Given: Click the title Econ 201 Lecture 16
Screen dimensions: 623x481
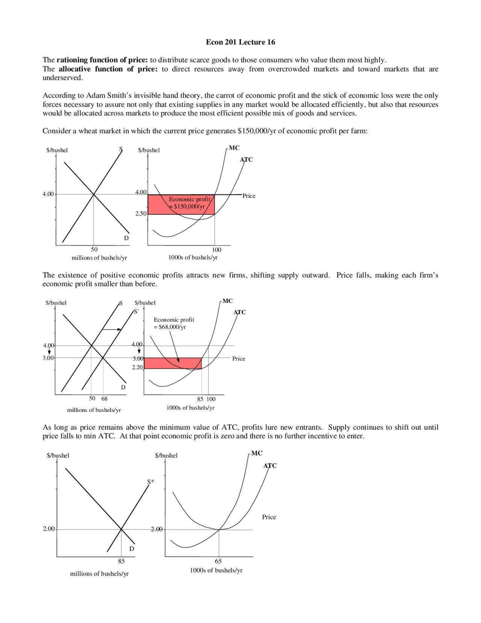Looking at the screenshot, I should [x=240, y=42].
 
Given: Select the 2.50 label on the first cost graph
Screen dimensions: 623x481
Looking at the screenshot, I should [x=141, y=214].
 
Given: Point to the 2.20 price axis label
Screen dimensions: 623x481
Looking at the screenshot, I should [x=137, y=367].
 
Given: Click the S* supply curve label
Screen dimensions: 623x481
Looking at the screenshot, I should [x=150, y=482].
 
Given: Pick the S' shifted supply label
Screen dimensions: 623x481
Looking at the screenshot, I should [x=136, y=311].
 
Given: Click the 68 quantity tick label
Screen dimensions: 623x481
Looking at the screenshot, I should [x=104, y=399].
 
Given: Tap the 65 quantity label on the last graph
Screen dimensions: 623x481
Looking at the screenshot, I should [x=218, y=561].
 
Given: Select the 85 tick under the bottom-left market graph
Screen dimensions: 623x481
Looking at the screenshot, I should [x=121, y=561].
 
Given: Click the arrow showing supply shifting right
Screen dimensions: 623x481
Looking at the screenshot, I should [x=112, y=330].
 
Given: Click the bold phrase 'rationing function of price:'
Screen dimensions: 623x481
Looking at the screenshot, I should [x=102, y=60].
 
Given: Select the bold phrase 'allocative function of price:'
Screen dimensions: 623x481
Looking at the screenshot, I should [x=108, y=69].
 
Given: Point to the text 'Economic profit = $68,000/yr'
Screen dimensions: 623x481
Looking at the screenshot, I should [x=174, y=323].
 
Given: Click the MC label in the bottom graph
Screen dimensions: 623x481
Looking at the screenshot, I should [x=257, y=453].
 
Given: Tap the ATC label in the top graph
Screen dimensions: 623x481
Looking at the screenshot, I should [x=246, y=160].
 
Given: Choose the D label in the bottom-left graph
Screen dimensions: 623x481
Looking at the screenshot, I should [x=132, y=549].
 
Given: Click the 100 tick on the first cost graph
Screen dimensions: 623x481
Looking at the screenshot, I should [x=217, y=250].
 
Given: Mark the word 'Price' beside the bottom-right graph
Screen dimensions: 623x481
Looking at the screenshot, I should [x=269, y=517].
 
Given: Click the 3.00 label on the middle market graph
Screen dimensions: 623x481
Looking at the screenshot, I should [x=48, y=358].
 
